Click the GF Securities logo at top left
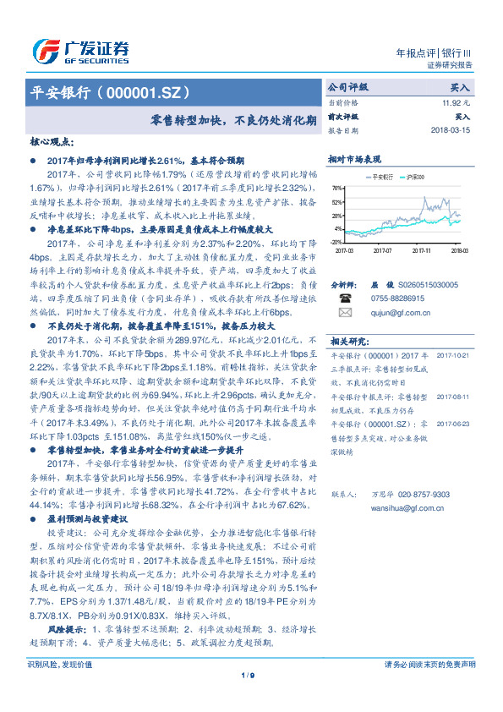pos(80,49)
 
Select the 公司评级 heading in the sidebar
pos(348,87)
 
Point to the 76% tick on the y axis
pos(338,189)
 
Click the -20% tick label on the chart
pos(337,242)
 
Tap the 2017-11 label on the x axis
pos(422,250)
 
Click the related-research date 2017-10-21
pos(457,356)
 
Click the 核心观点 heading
pos(52,143)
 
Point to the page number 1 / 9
pos(248,698)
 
